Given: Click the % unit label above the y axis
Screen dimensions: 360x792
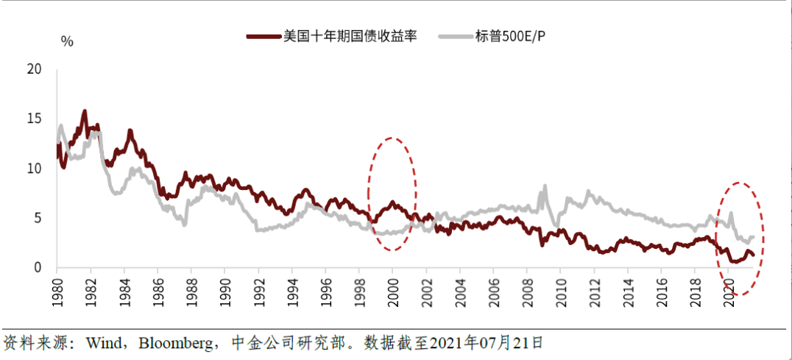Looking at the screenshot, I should [67, 41].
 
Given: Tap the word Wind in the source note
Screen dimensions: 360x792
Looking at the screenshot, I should [104, 343].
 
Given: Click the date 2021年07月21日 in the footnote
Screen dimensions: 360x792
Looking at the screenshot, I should [486, 343].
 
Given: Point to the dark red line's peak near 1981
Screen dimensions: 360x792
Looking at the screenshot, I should [85, 112].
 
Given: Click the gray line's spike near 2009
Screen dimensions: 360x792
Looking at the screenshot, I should [545, 186].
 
